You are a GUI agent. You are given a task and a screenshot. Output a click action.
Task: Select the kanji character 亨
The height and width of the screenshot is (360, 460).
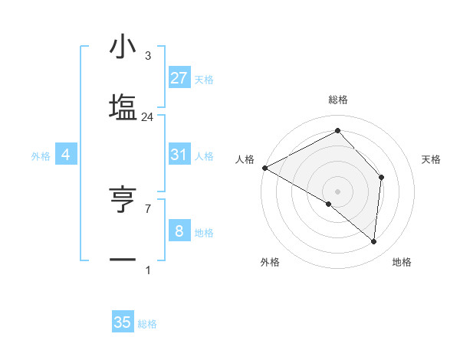coord(123,201)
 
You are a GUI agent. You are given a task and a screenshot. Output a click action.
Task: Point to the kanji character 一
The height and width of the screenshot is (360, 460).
coord(123,260)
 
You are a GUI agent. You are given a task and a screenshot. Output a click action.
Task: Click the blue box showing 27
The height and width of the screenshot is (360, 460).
coord(179,77)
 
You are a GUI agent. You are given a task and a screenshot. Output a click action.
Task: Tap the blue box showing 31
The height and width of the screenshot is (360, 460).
coord(179,155)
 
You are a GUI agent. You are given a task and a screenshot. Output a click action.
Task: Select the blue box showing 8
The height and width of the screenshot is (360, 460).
coord(179,231)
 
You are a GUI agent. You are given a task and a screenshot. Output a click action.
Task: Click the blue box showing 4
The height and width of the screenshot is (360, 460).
coord(65,155)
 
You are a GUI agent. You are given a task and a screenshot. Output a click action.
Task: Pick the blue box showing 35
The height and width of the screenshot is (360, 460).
coord(123,322)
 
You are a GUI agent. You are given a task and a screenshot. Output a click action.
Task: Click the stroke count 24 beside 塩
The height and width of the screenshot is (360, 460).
coord(147,117)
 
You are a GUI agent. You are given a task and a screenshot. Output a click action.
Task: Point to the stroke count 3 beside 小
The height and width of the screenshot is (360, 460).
coord(147,56)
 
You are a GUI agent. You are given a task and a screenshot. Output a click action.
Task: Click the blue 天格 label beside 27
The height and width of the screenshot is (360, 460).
coord(204,79)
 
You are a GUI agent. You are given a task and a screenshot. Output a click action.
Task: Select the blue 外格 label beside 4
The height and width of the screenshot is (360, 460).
coord(41,156)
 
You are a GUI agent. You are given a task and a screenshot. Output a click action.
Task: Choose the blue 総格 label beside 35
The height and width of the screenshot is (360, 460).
coord(147,324)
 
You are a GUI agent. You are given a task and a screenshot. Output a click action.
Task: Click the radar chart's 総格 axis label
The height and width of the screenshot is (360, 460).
coord(337,100)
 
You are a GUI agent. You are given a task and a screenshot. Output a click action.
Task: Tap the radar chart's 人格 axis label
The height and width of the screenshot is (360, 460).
coord(245,159)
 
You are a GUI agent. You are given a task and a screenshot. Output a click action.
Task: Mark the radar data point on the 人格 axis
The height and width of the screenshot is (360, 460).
coord(264,167)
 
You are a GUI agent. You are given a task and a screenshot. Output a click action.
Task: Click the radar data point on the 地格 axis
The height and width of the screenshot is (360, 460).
coord(373,241)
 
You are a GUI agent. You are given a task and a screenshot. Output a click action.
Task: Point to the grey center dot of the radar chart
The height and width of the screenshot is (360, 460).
coord(337,191)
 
